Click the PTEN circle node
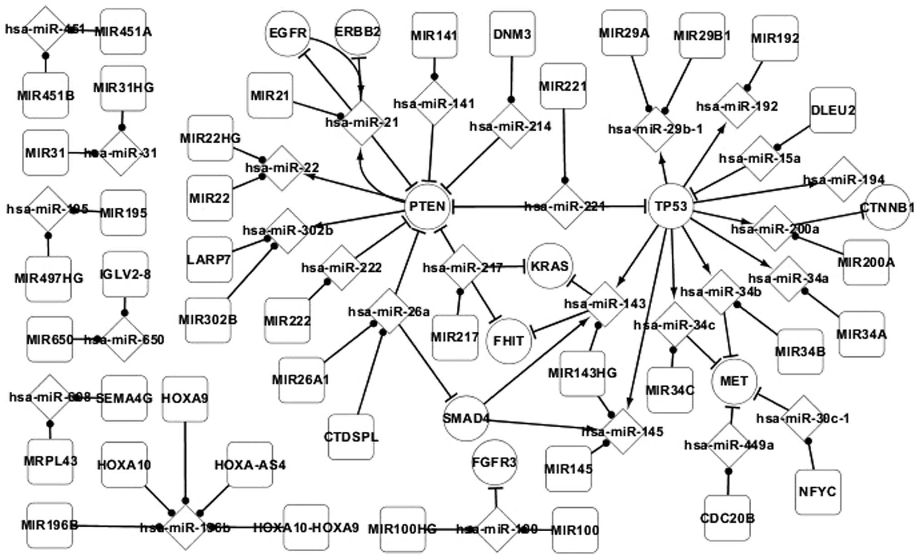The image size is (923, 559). tap(427, 207)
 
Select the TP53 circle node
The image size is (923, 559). tap(671, 207)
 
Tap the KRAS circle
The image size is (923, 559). tap(550, 266)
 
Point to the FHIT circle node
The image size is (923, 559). tap(509, 341)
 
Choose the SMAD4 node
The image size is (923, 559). tap(466, 418)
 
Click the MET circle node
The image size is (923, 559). tap(734, 381)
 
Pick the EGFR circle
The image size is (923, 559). tap(288, 33)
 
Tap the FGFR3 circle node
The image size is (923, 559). tap(494, 463)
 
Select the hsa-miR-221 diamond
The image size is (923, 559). tap(565, 207)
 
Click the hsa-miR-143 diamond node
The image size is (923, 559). tap(605, 304)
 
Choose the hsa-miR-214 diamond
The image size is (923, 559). tap(510, 126)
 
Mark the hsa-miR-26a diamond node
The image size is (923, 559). tap(389, 312)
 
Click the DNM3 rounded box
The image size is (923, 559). tap(512, 35)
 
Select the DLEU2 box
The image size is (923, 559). tap(833, 110)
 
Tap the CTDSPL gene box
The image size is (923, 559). tap(351, 437)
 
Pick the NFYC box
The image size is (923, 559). tap(818, 492)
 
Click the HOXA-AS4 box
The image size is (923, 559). tap(250, 465)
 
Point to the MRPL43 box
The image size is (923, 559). tap(50, 461)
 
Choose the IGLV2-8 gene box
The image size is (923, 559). tap(125, 275)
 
